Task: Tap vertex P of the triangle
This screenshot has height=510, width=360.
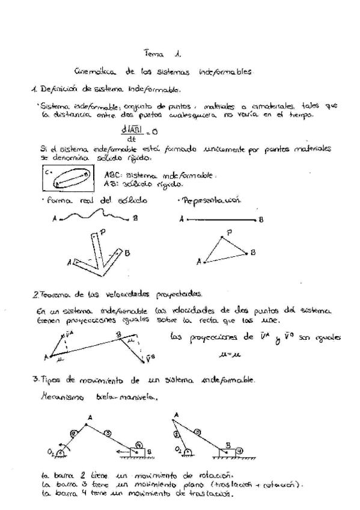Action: click(229, 232)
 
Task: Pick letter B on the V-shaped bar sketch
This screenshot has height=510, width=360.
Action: click(127, 253)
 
